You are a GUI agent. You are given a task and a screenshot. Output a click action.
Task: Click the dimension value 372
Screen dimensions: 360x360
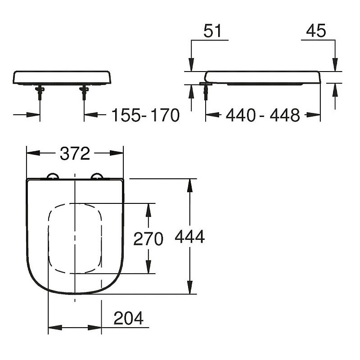click(x=75, y=154)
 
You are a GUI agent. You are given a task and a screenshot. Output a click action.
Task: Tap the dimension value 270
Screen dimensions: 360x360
click(x=148, y=239)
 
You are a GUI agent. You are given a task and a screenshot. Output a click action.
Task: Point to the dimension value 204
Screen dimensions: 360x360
click(x=128, y=318)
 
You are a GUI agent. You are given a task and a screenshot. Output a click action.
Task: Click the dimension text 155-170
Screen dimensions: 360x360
click(x=145, y=115)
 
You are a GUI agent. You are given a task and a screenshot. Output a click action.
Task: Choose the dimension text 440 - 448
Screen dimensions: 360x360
click(x=262, y=115)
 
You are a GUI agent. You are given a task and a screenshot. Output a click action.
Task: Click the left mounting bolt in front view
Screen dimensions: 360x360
click(x=40, y=93)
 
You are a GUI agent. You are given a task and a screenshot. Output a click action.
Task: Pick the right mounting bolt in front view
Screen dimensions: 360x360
click(x=84, y=93)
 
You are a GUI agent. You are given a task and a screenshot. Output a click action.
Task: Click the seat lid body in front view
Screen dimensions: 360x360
click(x=62, y=77)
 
